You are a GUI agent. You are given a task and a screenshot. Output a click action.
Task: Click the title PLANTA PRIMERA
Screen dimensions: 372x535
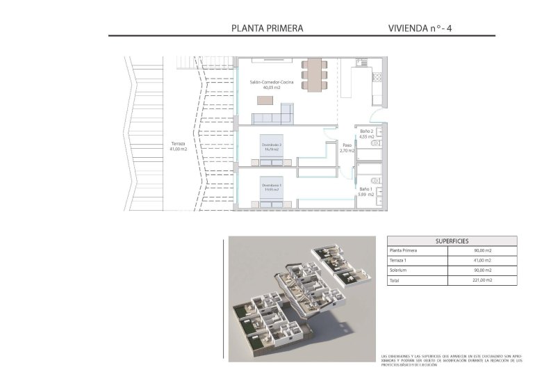coord(266,29)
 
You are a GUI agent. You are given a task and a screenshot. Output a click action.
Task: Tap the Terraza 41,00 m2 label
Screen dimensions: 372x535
coord(179,146)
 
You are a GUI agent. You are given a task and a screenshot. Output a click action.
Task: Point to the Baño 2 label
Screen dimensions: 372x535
coord(367,134)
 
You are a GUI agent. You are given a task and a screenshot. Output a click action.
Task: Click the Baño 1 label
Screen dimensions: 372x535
coord(367,192)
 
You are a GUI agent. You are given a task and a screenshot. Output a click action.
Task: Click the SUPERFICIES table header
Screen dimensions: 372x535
coord(452,240)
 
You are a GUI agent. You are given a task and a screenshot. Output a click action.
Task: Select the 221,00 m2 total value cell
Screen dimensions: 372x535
coord(483,280)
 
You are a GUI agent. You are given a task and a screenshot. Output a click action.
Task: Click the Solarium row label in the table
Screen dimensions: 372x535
coord(399,270)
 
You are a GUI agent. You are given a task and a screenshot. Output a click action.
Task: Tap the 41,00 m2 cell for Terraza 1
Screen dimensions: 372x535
coord(483,260)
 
